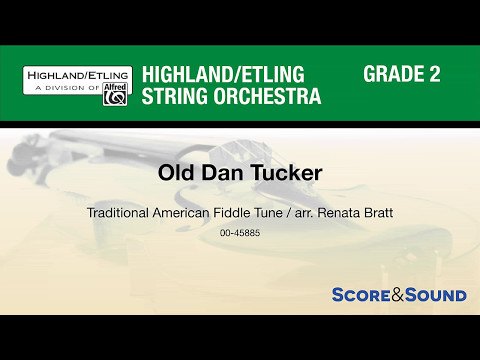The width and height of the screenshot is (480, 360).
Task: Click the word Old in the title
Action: [175, 172]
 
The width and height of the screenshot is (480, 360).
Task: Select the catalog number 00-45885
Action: [239, 233]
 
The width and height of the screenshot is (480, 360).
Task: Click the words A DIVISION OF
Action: [64, 89]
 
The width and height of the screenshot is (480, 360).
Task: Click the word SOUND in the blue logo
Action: [436, 295]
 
